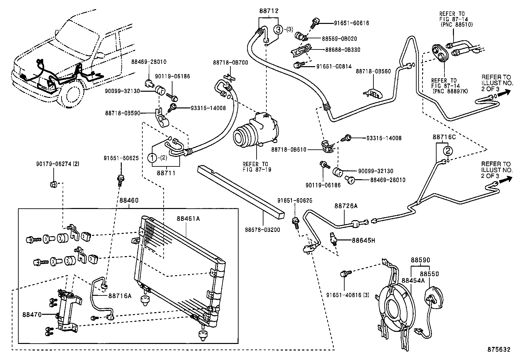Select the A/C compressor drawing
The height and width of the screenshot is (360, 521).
pyautogui.click(x=255, y=131)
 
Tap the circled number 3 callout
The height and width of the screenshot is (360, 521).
pyautogui.click(x=278, y=30)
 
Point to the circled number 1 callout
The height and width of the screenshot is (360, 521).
pyautogui.click(x=153, y=158)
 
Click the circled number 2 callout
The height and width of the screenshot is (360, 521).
pyautogui.click(x=448, y=151)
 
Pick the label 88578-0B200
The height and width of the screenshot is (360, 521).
pyautogui.click(x=263, y=230)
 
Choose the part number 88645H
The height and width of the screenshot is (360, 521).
pyautogui.click(x=363, y=240)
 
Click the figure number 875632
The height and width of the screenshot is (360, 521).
pyautogui.click(x=498, y=350)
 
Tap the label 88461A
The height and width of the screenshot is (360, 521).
pyautogui.click(x=188, y=218)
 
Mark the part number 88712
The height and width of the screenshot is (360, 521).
pyautogui.click(x=268, y=11)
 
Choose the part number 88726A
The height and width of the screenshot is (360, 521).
pyautogui.click(x=346, y=206)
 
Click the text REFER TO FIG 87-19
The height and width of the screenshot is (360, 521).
pyautogui.click(x=257, y=167)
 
